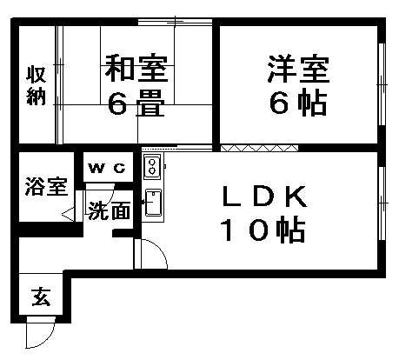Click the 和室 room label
pos(136,69)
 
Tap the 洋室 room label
pos(298,69)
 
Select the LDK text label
pos(264,197)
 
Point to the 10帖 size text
pos(263,230)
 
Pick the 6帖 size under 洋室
pos(298,102)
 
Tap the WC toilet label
pos(107,168)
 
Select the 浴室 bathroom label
pos(46,186)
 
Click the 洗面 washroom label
pos(109,210)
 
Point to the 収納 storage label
pos(37,85)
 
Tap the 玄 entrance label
pos(41,297)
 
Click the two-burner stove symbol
pos(152,167)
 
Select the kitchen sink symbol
pos(153,203)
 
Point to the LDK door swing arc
pos(160,247)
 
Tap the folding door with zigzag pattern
pos(259,148)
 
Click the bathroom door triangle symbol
pos(68,215)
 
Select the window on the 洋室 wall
pos(382,84)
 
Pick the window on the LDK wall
pos(382,203)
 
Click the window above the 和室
pos(175,22)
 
